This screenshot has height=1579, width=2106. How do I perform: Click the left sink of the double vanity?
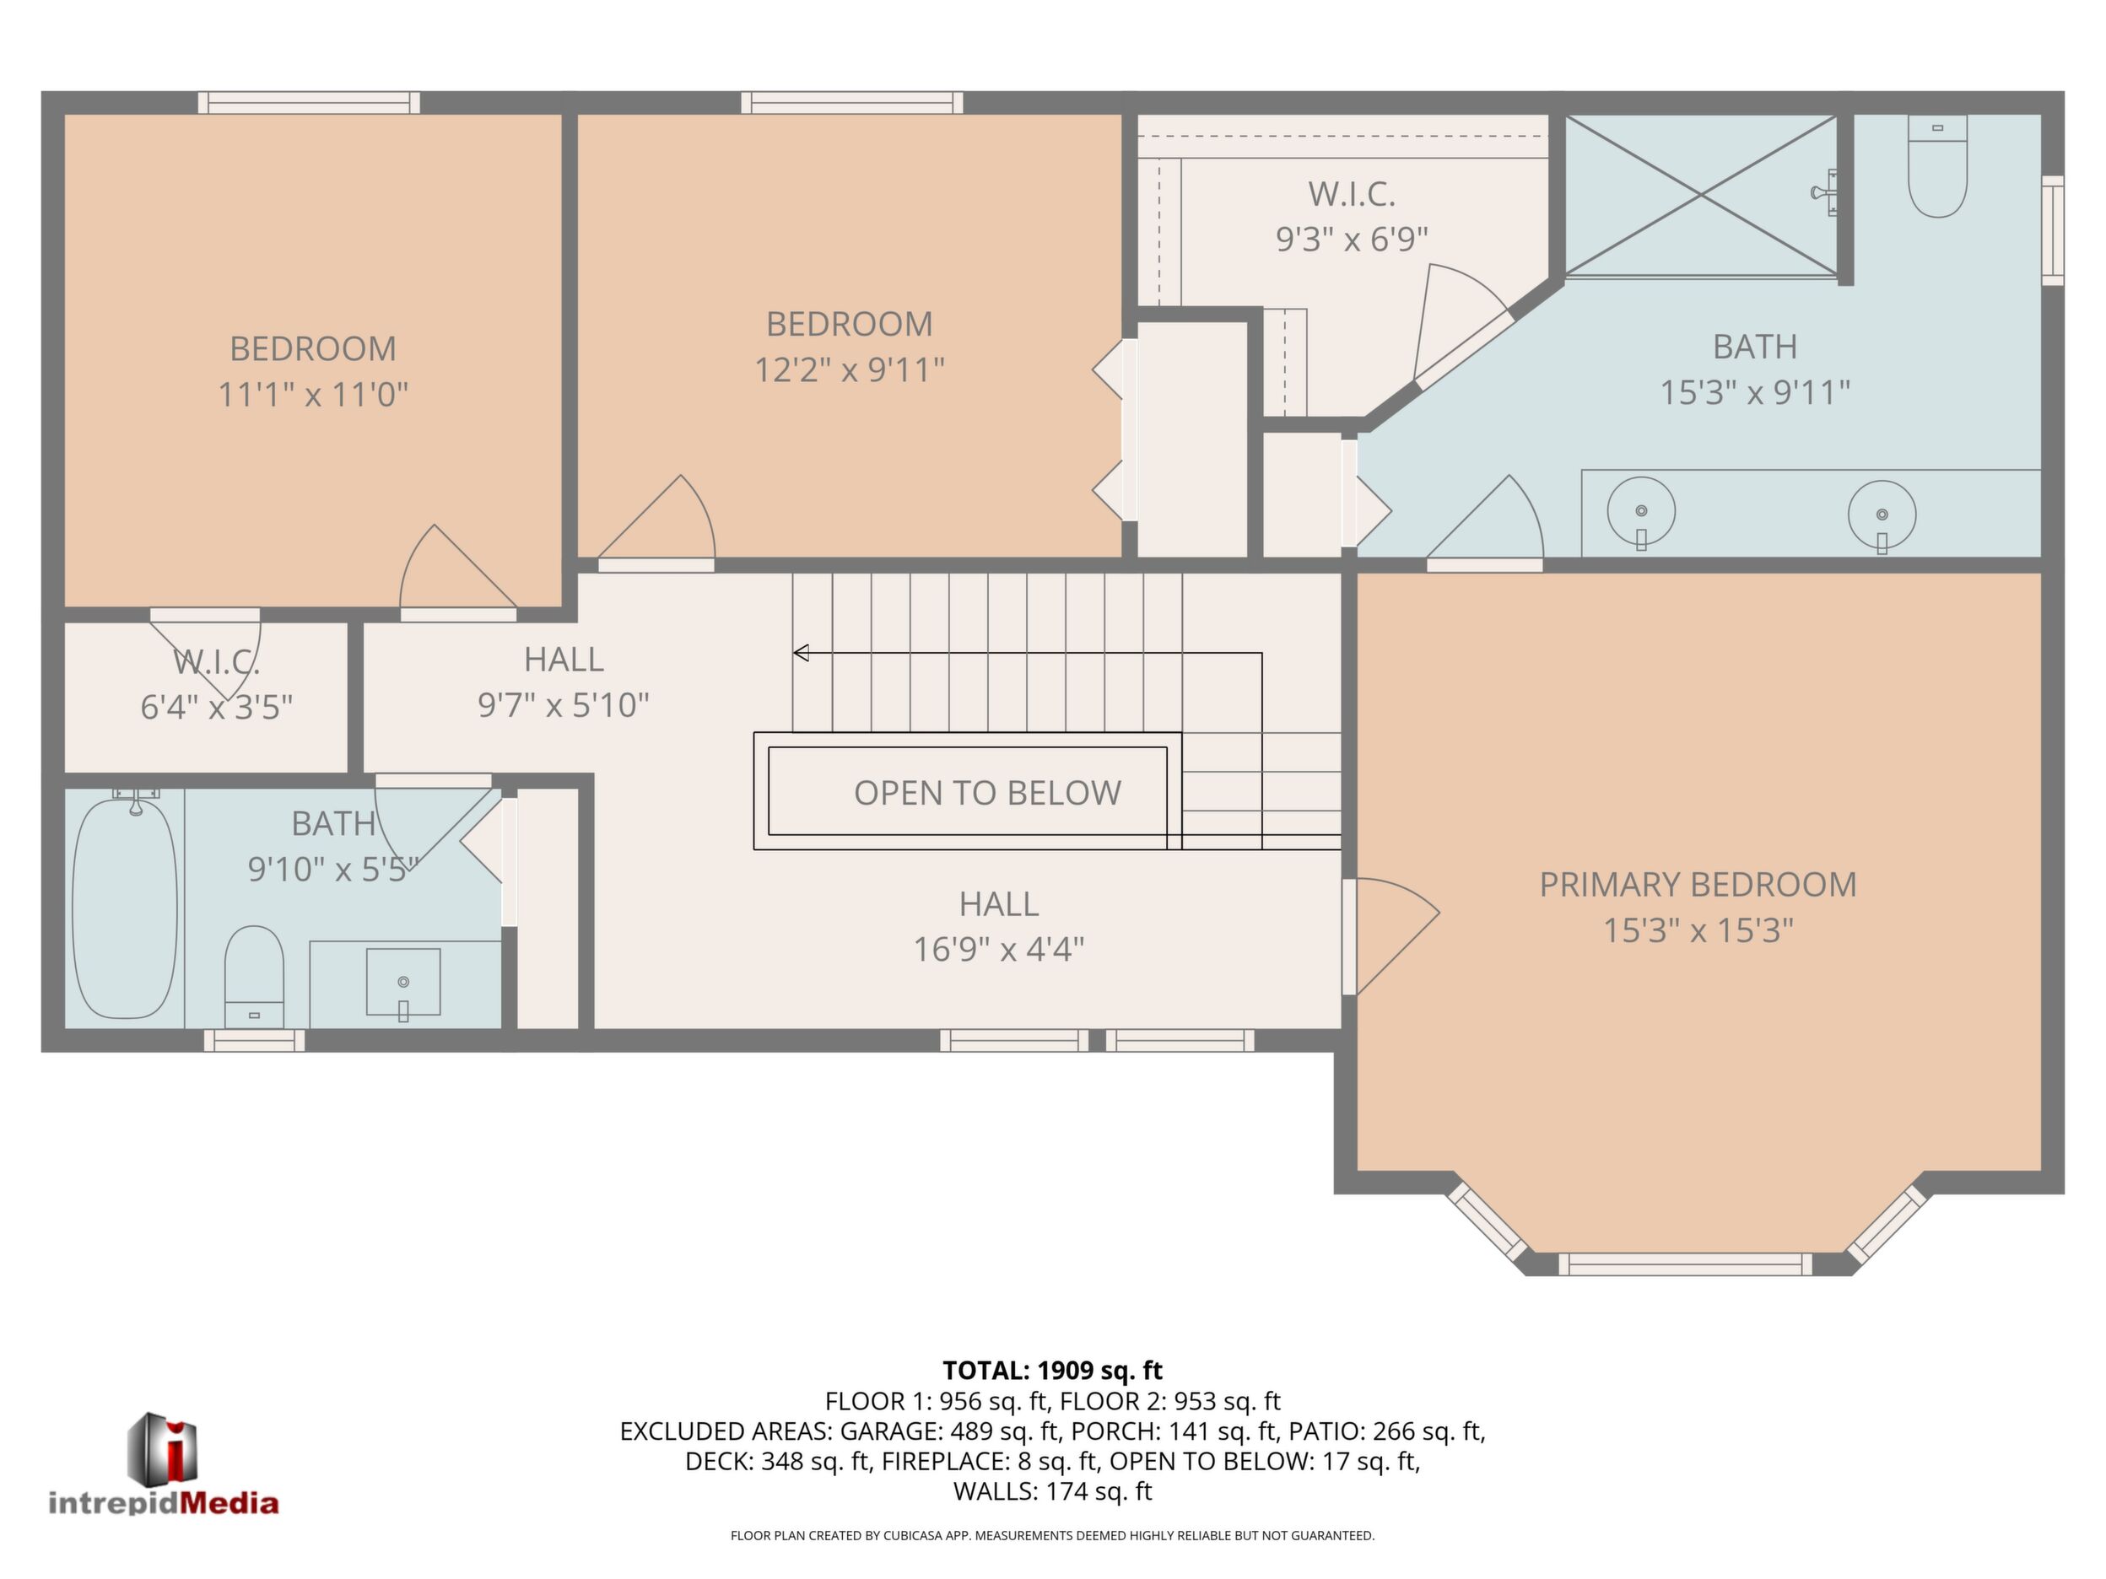click(x=1641, y=511)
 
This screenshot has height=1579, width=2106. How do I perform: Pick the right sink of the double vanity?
click(x=1882, y=514)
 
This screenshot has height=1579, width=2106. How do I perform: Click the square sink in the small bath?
click(x=403, y=981)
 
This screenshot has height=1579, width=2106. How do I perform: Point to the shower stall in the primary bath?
click(x=1701, y=196)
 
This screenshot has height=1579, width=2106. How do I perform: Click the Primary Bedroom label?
click(x=1698, y=884)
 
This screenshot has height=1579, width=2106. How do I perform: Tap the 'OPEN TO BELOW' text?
click(x=987, y=793)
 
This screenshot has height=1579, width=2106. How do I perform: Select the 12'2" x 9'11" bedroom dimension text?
click(x=850, y=369)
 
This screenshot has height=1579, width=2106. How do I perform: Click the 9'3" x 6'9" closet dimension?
click(x=1352, y=239)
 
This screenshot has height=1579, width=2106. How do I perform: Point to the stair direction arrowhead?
click(x=802, y=653)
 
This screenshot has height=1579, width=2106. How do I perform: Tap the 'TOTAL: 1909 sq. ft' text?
click(x=1052, y=1371)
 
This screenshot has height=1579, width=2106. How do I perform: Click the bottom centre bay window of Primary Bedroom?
click(x=1686, y=1264)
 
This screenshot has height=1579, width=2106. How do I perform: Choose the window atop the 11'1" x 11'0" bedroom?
click(x=310, y=103)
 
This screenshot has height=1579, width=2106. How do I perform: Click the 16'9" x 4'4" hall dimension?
click(x=999, y=949)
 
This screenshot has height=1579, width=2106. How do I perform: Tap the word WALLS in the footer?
click(x=995, y=1491)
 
